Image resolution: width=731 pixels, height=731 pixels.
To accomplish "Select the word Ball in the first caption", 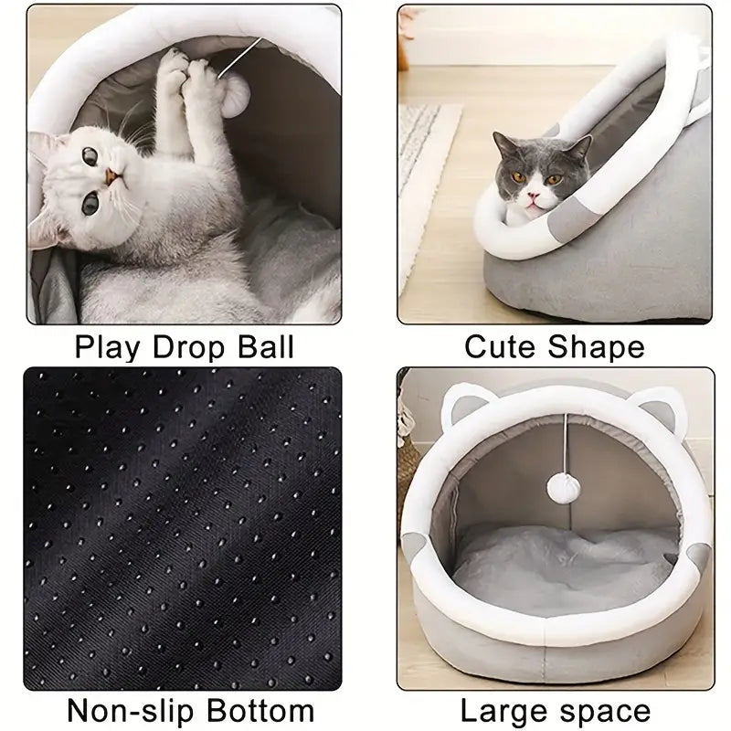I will tap(262, 347).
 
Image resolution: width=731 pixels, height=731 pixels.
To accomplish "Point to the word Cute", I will tap(501, 347).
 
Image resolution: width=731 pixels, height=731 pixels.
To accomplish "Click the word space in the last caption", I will tap(606, 710).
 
